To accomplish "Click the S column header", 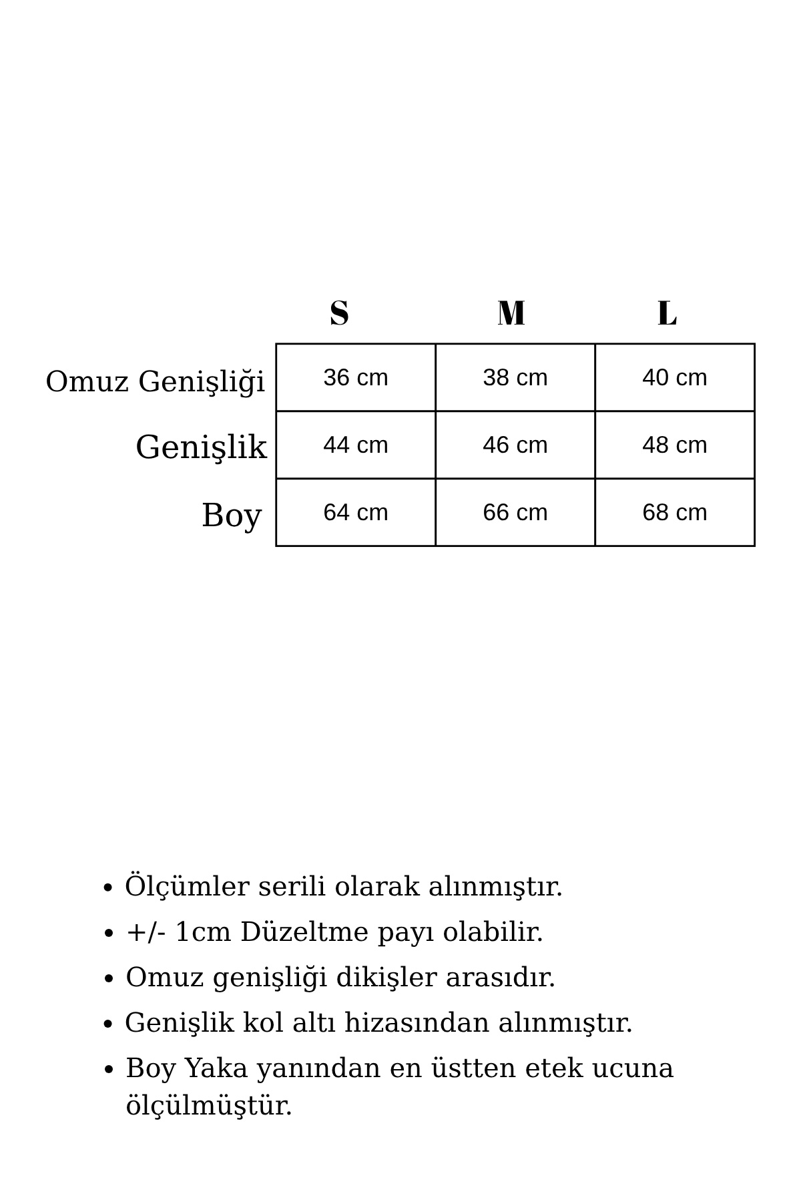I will click(x=339, y=313).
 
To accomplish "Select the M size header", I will click(x=511, y=313).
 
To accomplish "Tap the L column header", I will click(x=667, y=313).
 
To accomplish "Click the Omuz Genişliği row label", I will click(x=155, y=382).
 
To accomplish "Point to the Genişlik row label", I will click(x=201, y=447).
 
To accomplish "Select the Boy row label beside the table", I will click(x=231, y=516).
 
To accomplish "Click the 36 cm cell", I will click(x=355, y=378).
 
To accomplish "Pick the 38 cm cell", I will click(x=515, y=378).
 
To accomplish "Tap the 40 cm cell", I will click(x=674, y=378).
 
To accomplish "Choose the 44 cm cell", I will click(x=355, y=445).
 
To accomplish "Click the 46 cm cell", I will click(x=515, y=445).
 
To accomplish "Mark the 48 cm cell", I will click(x=674, y=445).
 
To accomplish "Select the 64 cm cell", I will click(x=355, y=513).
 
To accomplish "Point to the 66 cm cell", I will click(x=515, y=513).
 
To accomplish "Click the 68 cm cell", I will click(x=674, y=513).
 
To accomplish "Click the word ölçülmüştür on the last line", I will click(x=209, y=1106).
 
